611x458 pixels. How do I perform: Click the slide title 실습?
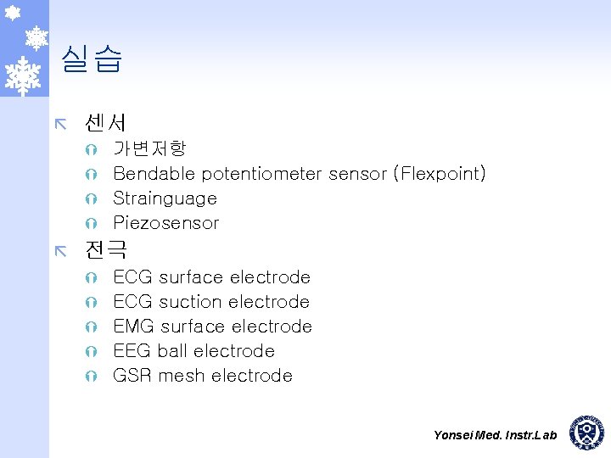92,59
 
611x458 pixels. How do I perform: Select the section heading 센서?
105,124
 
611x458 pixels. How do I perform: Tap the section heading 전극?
105,249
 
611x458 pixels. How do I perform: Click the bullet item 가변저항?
149,149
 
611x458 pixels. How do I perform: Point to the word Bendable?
143,174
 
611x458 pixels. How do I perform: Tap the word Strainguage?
165,198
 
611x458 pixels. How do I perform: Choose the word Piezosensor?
165,223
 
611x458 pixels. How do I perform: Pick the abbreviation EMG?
133,327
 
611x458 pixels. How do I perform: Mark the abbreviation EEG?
132,351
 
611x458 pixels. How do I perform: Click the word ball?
172,351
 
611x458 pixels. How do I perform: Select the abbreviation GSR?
132,376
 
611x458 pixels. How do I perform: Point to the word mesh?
182,376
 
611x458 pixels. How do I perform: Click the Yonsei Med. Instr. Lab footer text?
495,435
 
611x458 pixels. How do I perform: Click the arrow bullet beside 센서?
59,125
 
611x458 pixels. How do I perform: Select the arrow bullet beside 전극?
59,250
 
